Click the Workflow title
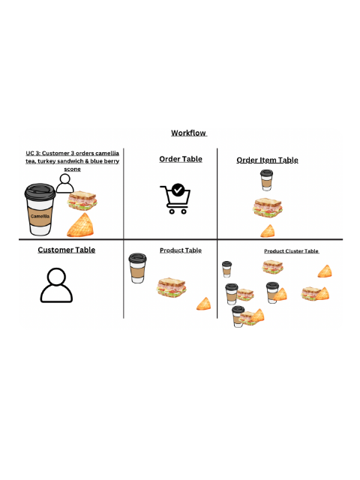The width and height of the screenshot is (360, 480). pyautogui.click(x=188, y=133)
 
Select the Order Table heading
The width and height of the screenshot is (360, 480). pyautogui.click(x=181, y=159)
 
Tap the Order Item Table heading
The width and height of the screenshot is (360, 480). pyautogui.click(x=267, y=160)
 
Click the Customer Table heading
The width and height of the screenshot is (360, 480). pyautogui.click(x=67, y=250)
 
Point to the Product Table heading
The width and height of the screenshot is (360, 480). pyautogui.click(x=181, y=250)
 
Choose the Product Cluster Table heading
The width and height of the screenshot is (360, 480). pyautogui.click(x=291, y=251)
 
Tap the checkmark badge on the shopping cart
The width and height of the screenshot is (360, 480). pyautogui.click(x=178, y=190)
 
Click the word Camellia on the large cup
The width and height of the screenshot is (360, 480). pyautogui.click(x=40, y=216)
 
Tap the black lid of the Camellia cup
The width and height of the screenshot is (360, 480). pyautogui.click(x=40, y=192)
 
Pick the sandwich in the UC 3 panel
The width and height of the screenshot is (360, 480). pyautogui.click(x=82, y=201)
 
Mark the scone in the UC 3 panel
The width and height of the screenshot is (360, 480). pyautogui.click(x=81, y=225)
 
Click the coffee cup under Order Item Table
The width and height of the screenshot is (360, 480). pyautogui.click(x=266, y=180)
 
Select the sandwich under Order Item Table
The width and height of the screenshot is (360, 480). pyautogui.click(x=267, y=207)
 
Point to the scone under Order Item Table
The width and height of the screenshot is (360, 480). pyautogui.click(x=267, y=230)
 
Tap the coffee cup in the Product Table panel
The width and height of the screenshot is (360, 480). pyautogui.click(x=136, y=268)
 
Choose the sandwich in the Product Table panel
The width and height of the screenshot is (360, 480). pyautogui.click(x=171, y=286)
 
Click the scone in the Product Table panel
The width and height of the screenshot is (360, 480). pyautogui.click(x=203, y=304)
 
